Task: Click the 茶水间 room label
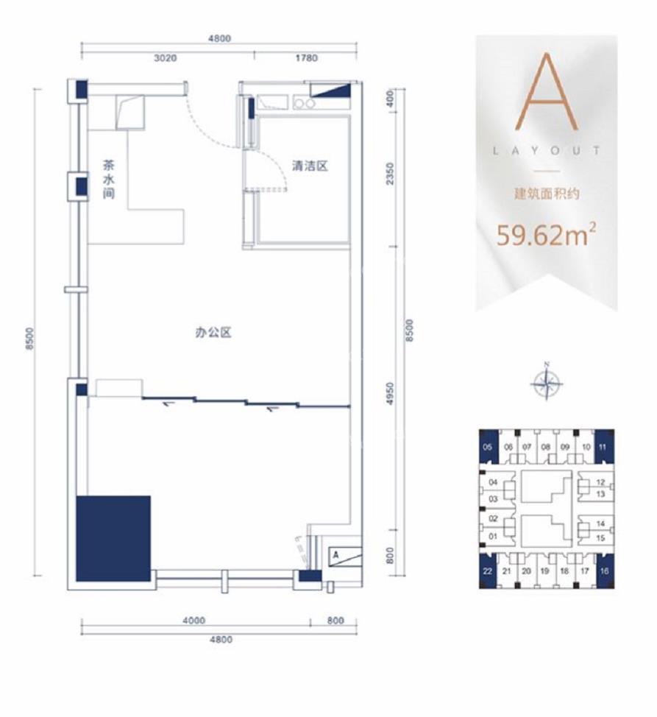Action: pos(109,179)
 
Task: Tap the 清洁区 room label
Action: pos(310,166)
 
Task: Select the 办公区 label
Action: pos(213,333)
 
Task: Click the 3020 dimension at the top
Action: pos(166,58)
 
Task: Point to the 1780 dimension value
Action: pos(306,58)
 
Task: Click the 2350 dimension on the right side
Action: pos(389,173)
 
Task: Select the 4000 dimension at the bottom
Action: pos(193,621)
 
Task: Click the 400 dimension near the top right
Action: pos(389,99)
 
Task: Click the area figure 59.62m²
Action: pos(547,235)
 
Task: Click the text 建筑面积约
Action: pos(547,194)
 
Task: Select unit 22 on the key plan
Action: pos(488,571)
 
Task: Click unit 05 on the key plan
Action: pos(488,447)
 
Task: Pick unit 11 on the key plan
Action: pos(603,447)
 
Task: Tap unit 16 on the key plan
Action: pos(605,571)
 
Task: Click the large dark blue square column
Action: pos(113,539)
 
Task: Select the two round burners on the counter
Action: pos(305,104)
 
